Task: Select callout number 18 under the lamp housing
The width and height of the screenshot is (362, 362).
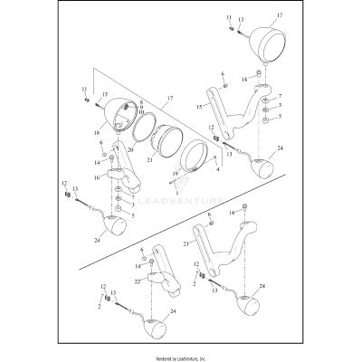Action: (x=98, y=132)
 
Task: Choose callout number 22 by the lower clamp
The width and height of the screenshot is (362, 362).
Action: (x=138, y=282)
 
